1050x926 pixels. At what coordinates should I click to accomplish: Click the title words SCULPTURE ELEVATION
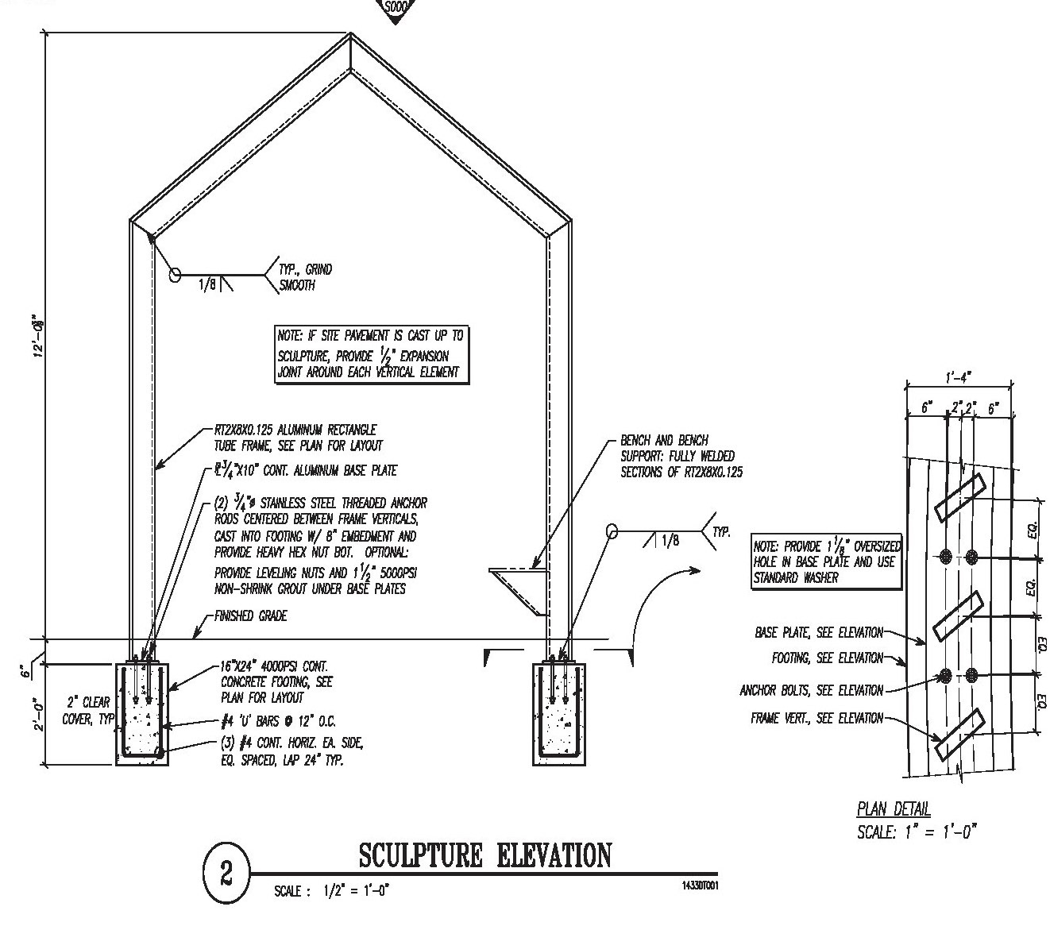pyautogui.click(x=485, y=856)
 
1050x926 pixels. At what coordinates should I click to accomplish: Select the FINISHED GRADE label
pyautogui.click(x=250, y=616)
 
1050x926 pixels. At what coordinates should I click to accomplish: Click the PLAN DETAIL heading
pyautogui.click(x=894, y=809)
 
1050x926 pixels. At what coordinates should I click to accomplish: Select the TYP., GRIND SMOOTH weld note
pyautogui.click(x=305, y=277)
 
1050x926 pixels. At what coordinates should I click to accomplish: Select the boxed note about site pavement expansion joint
pyautogui.click(x=369, y=354)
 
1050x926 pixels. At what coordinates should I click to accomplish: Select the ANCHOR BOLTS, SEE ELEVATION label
pyautogui.click(x=811, y=690)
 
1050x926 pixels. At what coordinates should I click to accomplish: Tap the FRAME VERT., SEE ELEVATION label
pyautogui.click(x=816, y=718)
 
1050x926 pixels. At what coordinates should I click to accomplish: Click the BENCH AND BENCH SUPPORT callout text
pyautogui.click(x=681, y=456)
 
